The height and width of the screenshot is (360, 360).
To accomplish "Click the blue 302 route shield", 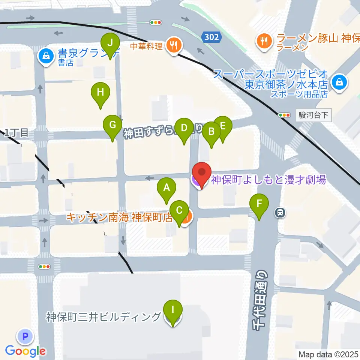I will click(211, 37).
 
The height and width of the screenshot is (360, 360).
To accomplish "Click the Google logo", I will click(25, 351).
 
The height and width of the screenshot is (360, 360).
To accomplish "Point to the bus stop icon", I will click(280, 213).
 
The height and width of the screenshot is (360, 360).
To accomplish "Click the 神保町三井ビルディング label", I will click(103, 317).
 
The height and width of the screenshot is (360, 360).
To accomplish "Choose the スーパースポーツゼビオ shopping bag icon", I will click(340, 81).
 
